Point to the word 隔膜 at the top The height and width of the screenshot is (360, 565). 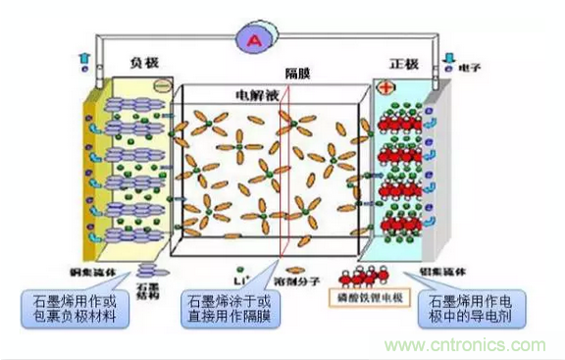coord(298,75)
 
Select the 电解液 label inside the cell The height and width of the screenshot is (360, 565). coord(251,95)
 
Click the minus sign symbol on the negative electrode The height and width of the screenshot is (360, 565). coord(162,86)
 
